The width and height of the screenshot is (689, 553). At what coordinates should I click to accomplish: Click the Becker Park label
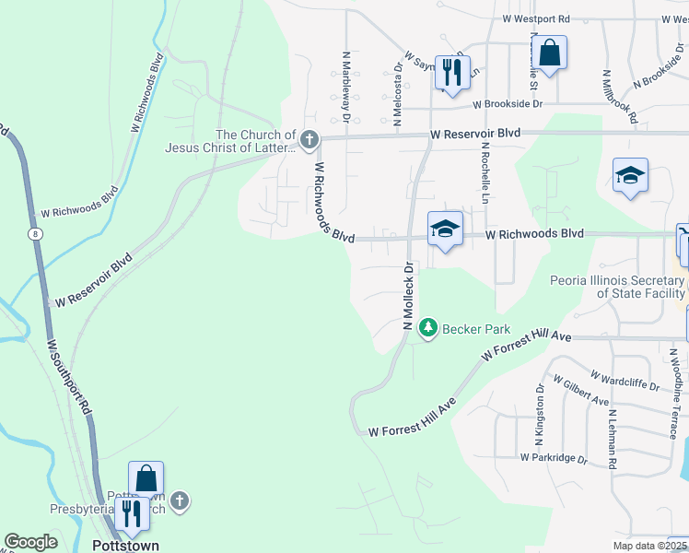(470, 327)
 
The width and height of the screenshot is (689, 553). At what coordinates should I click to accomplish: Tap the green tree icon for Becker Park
(427, 327)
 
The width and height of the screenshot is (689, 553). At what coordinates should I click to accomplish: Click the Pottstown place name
(126, 545)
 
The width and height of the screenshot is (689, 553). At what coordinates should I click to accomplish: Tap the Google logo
(30, 542)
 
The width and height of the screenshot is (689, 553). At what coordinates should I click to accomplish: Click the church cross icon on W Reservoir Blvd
(309, 140)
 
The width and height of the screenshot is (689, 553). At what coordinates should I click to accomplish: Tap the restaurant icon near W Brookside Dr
(451, 71)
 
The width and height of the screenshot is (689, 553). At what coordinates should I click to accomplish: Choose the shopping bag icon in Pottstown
(146, 478)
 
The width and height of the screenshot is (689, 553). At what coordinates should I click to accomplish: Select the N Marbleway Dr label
(346, 87)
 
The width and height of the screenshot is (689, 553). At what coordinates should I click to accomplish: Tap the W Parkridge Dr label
(553, 456)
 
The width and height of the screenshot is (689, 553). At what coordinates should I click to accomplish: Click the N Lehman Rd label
(612, 438)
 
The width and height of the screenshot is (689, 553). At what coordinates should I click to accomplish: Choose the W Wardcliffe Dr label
(625, 382)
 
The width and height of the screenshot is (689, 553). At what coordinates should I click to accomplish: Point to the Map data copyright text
(651, 546)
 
